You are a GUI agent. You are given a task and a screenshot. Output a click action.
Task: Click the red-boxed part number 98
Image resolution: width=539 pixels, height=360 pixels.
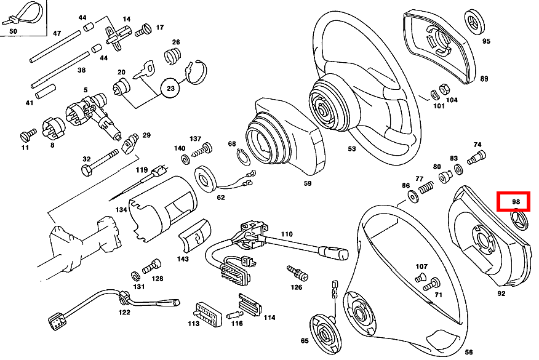516,201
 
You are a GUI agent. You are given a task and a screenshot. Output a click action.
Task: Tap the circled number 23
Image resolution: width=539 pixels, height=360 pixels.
170,89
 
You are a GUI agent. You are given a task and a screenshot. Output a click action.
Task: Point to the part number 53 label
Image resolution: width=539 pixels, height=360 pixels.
352,149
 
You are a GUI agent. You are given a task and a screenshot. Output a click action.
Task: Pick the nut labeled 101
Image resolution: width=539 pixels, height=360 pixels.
433,94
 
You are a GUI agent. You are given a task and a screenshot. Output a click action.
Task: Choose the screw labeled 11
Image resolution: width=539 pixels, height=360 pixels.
28,134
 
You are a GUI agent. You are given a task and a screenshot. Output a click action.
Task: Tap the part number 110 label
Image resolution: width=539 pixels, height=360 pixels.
286,234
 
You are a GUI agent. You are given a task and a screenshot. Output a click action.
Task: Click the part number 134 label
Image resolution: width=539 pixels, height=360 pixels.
121,210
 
